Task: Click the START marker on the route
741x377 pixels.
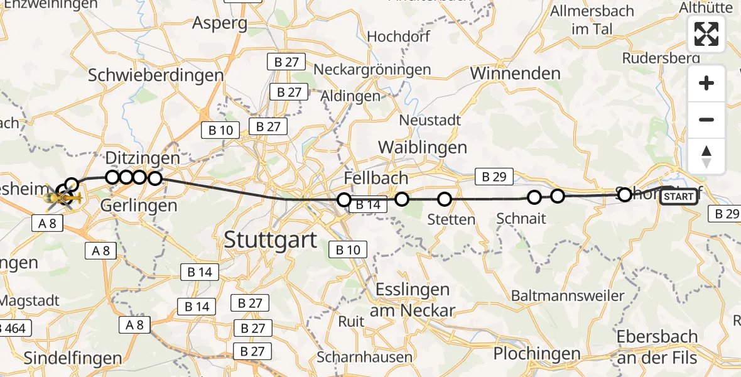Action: coord(679,197)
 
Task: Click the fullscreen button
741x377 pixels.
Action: coord(706,34)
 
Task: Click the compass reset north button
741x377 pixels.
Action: coord(706,156)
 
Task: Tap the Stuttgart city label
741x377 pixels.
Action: coord(270,239)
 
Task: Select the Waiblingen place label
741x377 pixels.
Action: coord(422,148)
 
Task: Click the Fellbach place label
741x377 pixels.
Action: coord(376,178)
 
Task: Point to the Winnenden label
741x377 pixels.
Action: coord(515,74)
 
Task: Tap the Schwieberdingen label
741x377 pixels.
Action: coord(156,75)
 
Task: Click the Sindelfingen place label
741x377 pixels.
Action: coord(73,358)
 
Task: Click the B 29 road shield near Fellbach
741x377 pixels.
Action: coord(494,177)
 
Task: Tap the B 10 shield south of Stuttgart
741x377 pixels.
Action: coord(348,250)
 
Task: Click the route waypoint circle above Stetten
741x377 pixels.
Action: coord(445,200)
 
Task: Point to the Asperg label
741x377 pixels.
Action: coord(220,23)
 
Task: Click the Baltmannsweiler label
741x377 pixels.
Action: coord(568,295)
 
